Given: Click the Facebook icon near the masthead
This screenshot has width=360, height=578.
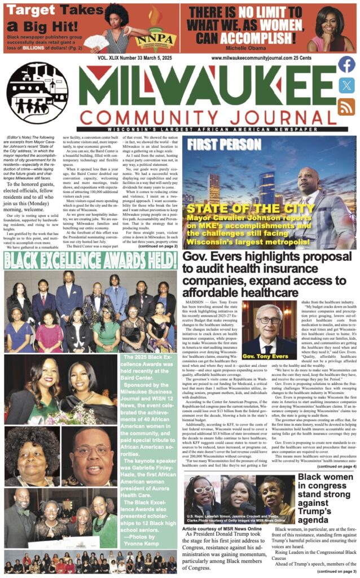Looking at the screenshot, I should pyautogui.click(x=346, y=65).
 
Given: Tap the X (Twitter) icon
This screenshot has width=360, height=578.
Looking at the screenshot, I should pyautogui.click(x=346, y=85).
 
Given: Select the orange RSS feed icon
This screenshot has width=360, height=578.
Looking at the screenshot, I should pyautogui.click(x=346, y=106).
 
